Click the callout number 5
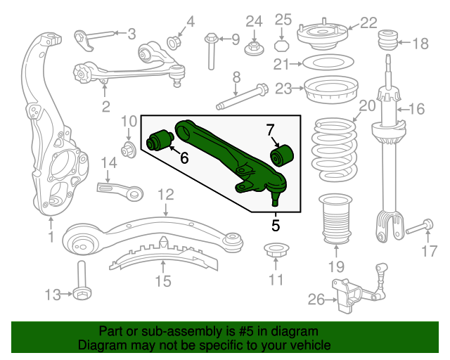click(x=275, y=226)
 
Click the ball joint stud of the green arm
click(x=274, y=199)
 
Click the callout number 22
click(x=368, y=23)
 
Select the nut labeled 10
click(x=129, y=149)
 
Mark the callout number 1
click(x=51, y=238)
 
